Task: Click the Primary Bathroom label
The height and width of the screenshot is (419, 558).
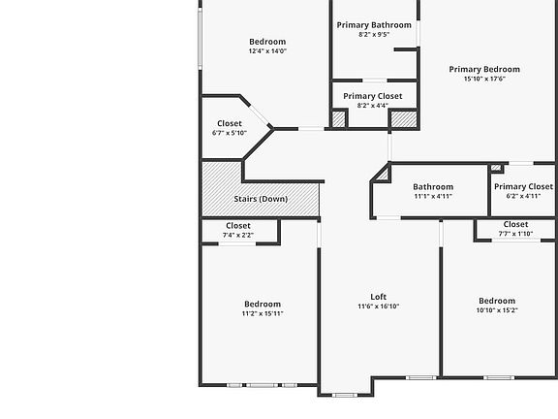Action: click(x=374, y=24)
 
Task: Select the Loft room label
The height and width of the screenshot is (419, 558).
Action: click(x=379, y=297)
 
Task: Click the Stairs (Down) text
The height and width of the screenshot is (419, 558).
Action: click(x=261, y=199)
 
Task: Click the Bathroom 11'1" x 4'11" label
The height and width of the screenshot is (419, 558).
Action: click(x=432, y=186)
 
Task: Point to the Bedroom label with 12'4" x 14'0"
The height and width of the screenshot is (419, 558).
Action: click(x=267, y=41)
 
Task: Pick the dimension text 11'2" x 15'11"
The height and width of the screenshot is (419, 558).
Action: click(x=262, y=313)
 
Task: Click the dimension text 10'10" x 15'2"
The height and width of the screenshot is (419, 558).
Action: click(x=496, y=310)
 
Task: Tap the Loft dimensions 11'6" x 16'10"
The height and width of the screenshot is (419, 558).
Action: click(x=379, y=306)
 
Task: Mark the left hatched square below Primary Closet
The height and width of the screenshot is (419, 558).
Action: click(x=338, y=119)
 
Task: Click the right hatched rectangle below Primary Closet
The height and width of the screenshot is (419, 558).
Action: click(x=403, y=119)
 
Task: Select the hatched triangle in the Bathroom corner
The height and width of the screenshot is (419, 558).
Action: click(x=380, y=174)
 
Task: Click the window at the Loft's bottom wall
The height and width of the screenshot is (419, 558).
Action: click(x=345, y=395)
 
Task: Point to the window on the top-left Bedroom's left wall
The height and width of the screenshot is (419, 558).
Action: click(x=200, y=39)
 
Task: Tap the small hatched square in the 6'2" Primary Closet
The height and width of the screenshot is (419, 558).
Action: click(x=496, y=169)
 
